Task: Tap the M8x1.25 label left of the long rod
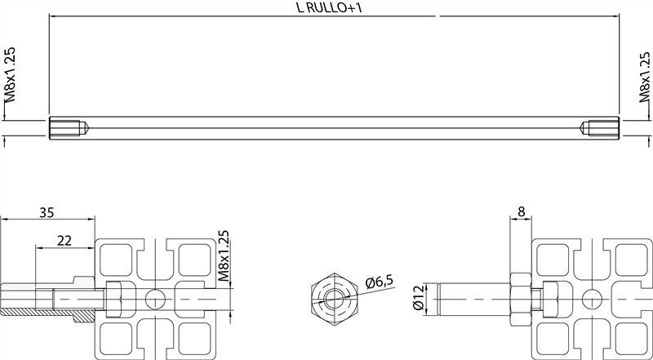10,74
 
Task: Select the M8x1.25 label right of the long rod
645,74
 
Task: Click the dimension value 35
47,213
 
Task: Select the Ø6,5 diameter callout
380,282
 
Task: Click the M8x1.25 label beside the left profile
224,256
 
